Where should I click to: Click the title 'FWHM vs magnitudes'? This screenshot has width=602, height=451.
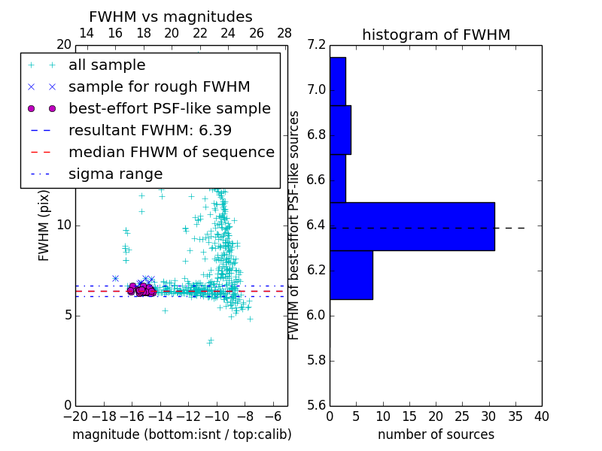coord(170,17)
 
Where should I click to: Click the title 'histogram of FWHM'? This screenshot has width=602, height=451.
coord(436,35)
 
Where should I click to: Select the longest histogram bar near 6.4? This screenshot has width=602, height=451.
coord(412,226)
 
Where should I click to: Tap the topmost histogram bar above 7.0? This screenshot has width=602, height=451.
coord(337,81)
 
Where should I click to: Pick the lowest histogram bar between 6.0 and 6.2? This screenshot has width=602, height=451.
coord(351,275)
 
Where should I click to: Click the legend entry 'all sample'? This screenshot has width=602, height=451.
coord(107,65)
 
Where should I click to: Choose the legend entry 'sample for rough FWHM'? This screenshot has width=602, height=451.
coord(159,87)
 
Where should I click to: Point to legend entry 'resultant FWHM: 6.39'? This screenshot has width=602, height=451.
coord(150,131)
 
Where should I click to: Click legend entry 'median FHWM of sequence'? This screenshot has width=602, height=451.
coord(171,153)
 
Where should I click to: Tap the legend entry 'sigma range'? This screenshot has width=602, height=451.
coord(115,174)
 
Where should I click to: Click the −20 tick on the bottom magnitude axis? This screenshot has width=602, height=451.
coord(75,416)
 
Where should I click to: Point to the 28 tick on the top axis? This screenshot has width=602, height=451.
coord(284,34)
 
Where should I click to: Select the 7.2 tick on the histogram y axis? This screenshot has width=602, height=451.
coord(316,45)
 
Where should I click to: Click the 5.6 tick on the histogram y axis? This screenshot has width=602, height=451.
coord(316,405)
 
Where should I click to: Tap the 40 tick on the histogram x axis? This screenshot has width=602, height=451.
coord(541,416)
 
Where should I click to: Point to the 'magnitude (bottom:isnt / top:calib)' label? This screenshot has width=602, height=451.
coord(181,434)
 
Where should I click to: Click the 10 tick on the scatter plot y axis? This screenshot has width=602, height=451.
coord(65,225)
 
